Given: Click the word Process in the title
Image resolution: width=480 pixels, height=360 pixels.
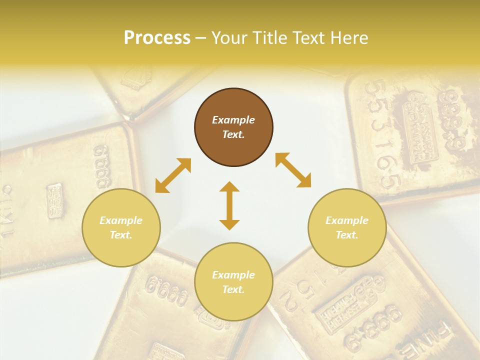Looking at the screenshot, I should (x=157, y=38).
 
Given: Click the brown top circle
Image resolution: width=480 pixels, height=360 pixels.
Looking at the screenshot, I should (x=233, y=127).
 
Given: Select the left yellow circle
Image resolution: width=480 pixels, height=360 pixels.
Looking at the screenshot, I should (x=121, y=227).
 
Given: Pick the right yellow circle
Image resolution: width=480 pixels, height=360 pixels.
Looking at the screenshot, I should (x=347, y=227).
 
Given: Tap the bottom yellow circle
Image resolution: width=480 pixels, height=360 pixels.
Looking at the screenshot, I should (x=233, y=282).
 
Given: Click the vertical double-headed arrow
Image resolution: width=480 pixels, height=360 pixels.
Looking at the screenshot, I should (x=229, y=205).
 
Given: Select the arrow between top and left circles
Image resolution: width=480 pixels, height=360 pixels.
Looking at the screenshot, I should (x=173, y=175).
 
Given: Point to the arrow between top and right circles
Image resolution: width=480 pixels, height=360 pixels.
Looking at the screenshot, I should (x=293, y=170).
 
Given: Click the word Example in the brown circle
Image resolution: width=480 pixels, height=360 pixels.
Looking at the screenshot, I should (x=233, y=120).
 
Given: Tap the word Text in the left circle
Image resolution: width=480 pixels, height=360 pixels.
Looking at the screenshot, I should (x=120, y=235).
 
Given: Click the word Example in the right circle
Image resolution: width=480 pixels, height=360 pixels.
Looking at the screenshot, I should (x=347, y=220).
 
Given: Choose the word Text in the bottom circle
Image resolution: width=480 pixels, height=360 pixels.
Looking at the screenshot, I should (x=232, y=289).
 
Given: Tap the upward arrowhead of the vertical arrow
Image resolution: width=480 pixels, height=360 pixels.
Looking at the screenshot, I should (x=229, y=186).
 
